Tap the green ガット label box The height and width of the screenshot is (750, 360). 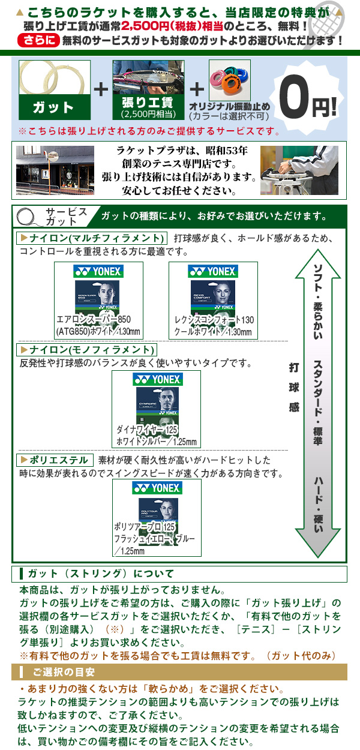tap(53, 107)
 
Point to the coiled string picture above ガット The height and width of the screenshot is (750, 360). tap(53, 76)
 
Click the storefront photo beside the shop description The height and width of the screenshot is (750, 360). tap(55, 170)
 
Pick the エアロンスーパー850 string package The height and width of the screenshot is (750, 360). tap(98, 300)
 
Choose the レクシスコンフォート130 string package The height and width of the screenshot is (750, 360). tap(213, 300)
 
